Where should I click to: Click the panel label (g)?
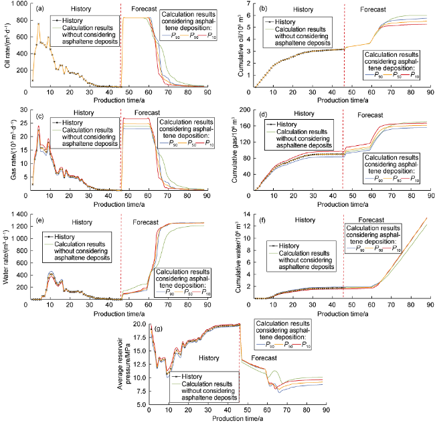[157, 329]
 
